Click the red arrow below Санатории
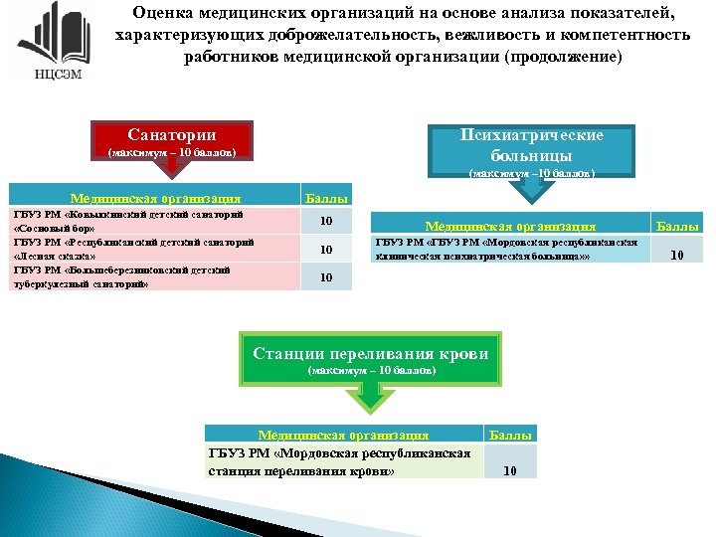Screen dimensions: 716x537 tap(171, 176)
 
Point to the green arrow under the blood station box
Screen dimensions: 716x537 tap(370, 399)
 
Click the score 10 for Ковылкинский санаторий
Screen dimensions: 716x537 tap(326, 221)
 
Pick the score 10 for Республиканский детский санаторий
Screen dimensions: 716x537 tap(326, 250)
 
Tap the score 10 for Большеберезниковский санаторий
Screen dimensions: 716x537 tap(326, 277)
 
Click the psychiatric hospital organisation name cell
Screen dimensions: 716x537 tap(509, 250)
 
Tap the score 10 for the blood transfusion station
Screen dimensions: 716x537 tap(510, 470)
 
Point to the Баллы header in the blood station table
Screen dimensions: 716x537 tap(510, 435)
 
